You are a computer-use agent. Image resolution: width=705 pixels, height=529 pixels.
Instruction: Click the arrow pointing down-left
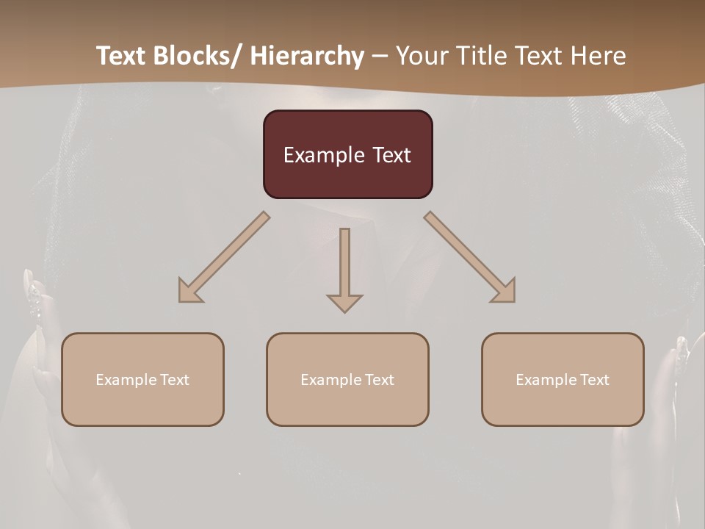tap(224, 257)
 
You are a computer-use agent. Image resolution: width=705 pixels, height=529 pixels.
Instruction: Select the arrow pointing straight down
tap(344, 269)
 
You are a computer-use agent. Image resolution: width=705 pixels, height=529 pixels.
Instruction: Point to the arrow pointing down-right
tap(470, 257)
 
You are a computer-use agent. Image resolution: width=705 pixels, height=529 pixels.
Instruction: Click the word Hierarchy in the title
tap(307, 56)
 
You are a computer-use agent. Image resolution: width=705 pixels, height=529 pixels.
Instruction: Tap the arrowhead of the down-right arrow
tap(505, 292)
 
